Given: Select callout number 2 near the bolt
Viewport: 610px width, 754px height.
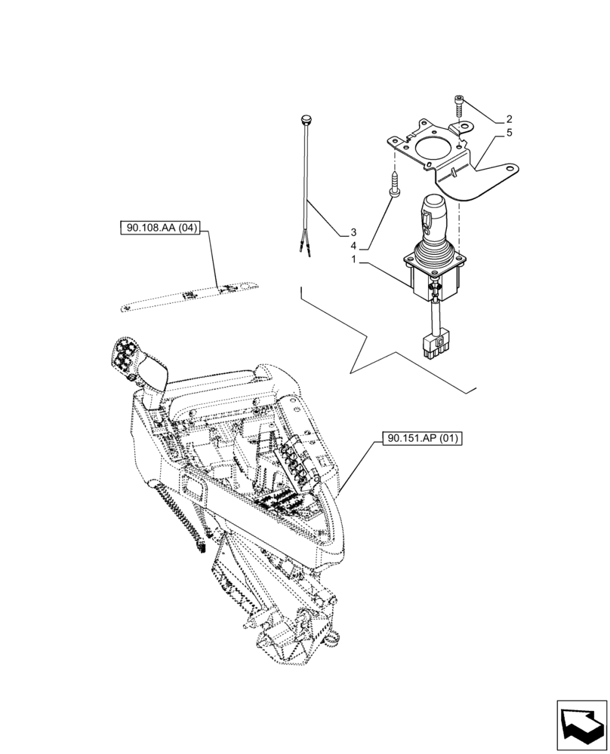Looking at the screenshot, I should click(x=509, y=119).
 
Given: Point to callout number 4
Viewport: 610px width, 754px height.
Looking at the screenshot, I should click(x=353, y=247).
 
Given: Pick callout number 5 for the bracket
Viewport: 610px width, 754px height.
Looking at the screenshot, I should click(x=509, y=133).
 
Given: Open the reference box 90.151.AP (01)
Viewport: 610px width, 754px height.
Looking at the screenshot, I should click(x=414, y=437).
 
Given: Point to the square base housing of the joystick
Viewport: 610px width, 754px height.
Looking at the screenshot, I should click(x=433, y=277).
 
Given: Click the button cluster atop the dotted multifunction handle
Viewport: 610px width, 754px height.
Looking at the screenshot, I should click(x=125, y=354).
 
